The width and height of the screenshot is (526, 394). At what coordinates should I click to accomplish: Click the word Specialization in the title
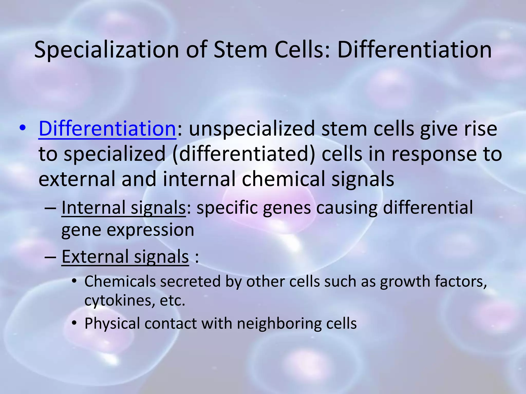[106, 50]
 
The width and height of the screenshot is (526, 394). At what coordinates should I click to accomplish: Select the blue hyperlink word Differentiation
[107, 129]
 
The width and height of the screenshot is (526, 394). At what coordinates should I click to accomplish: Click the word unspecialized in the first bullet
[252, 129]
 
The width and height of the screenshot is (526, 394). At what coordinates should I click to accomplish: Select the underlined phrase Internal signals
[123, 208]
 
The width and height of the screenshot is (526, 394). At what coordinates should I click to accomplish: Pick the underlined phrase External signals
[125, 257]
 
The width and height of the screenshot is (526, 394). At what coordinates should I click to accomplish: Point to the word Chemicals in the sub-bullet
[120, 281]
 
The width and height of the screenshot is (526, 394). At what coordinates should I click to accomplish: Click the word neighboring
[279, 324]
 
